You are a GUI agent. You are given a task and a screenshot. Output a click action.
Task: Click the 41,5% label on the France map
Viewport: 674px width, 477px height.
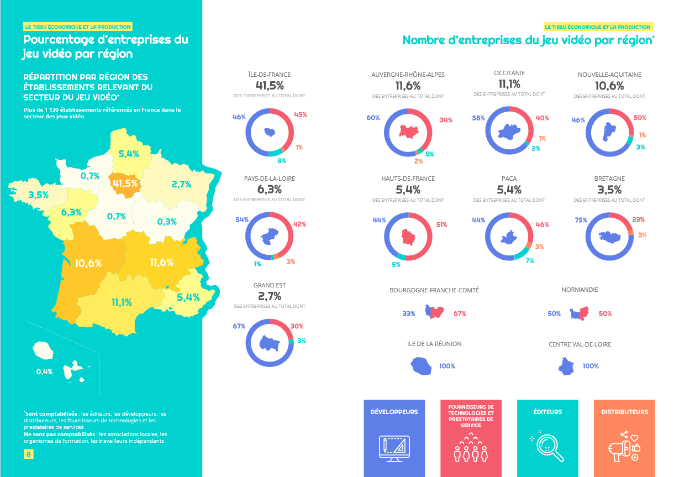124,184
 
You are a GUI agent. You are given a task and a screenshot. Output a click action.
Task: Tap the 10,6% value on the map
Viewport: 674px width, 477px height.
88,263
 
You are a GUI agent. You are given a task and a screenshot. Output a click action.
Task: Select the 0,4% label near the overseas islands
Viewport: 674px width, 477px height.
44,371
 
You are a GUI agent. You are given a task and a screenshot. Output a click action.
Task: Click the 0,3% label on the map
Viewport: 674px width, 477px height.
166,222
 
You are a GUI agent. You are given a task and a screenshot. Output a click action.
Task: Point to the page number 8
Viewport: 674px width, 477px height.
28,454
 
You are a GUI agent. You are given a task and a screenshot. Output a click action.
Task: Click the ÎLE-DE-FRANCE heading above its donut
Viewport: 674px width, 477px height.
270,75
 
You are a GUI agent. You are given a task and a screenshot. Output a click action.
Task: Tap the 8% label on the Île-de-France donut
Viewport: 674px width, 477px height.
282,161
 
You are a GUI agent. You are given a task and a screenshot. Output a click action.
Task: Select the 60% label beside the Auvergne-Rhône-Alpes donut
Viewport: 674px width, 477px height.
373,118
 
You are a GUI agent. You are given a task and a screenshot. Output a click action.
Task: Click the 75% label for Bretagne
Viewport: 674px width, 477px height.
581,220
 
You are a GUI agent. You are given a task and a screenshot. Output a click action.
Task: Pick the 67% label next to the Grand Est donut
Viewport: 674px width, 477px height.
239,326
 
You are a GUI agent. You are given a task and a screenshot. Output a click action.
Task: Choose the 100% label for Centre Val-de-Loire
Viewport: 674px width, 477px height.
591,366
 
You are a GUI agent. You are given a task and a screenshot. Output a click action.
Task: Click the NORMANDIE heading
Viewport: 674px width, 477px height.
580,290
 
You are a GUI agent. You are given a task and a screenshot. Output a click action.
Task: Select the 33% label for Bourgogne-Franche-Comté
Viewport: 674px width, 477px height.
409,313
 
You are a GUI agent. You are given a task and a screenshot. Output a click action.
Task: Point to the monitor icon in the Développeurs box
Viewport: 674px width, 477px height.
394,448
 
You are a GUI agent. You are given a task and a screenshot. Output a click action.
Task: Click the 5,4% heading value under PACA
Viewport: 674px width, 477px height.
509,190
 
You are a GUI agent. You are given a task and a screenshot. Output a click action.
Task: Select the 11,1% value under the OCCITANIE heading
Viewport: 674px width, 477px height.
509,84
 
